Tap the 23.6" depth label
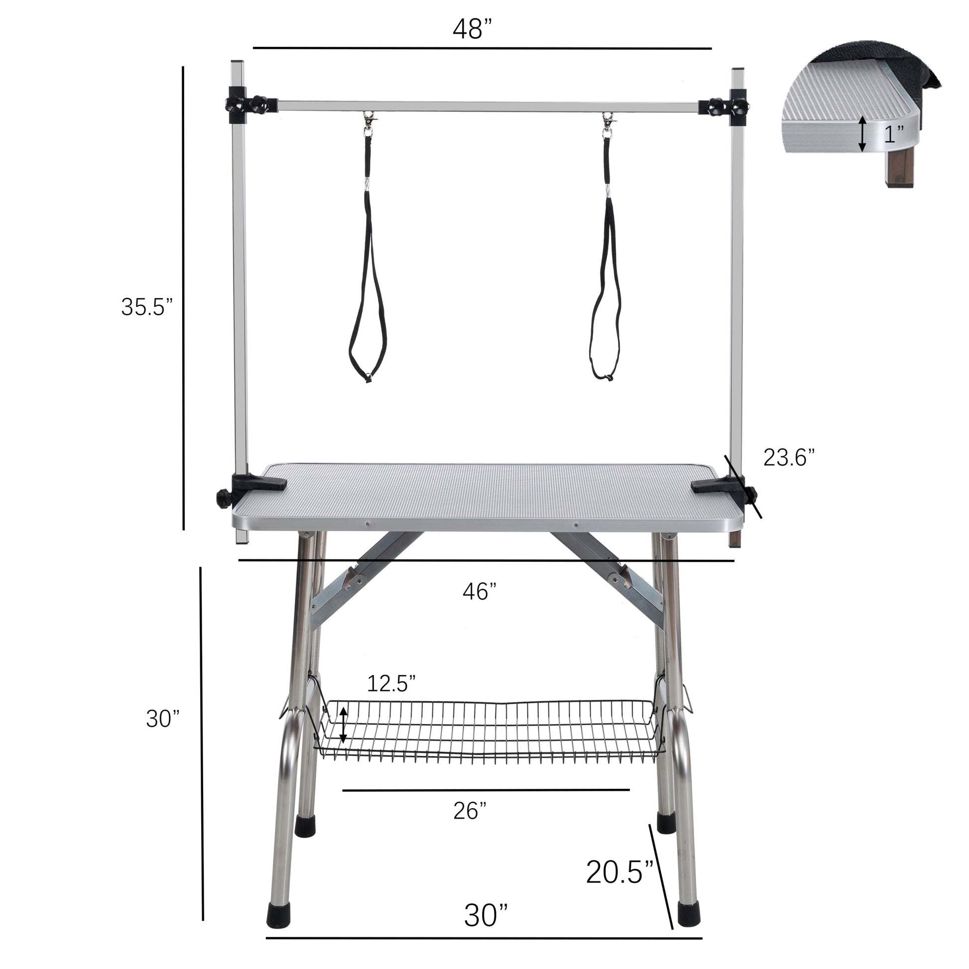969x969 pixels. coord(789,458)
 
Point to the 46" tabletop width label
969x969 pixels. coord(480,592)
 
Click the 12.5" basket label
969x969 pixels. coord(391,683)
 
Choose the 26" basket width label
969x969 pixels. coord(470,811)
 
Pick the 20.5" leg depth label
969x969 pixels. coord(620,872)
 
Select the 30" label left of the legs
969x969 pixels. coord(163,719)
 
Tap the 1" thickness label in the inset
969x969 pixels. coord(894,134)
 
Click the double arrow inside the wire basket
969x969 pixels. coord(343,725)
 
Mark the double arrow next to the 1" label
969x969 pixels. coord(861,133)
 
